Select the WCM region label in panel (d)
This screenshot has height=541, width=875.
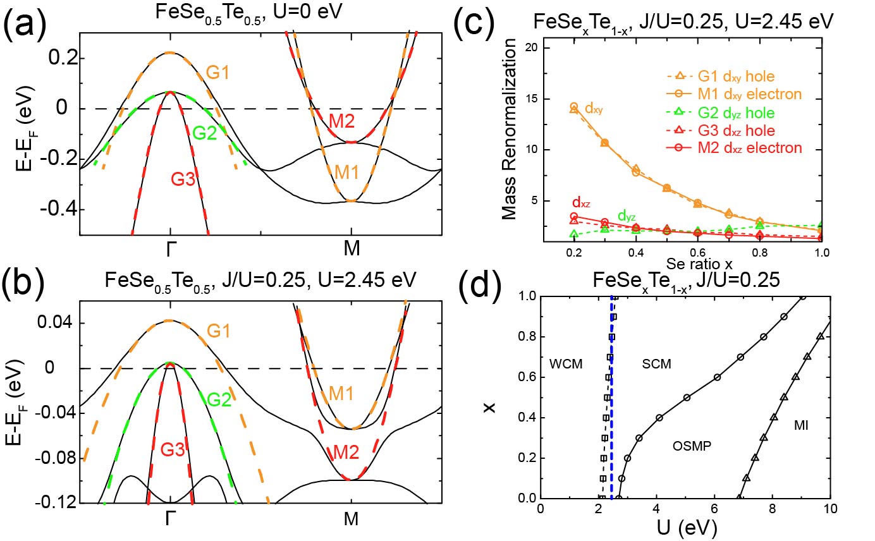566,363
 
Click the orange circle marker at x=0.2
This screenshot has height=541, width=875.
573,107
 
